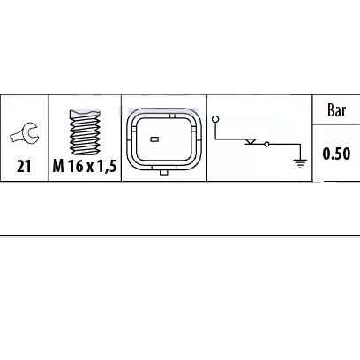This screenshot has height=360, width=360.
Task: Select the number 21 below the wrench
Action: coord(24,166)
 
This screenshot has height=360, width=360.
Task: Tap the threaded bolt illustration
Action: coord(85,132)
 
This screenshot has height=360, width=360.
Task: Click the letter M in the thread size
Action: coord(58,166)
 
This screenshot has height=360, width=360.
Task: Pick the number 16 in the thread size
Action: coord(75,166)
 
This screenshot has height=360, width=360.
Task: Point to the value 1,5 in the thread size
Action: coord(106,167)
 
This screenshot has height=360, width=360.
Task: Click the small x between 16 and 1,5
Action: coord(89,168)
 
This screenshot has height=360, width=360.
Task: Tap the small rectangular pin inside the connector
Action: coord(154,139)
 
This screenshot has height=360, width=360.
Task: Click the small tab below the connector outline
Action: coord(163,172)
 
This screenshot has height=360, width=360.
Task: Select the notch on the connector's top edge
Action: coord(173,116)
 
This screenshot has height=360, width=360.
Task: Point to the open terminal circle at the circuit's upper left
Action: coord(215,119)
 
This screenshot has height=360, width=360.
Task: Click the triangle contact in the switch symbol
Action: coord(251,142)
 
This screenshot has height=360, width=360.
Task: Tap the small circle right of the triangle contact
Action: coord(266,144)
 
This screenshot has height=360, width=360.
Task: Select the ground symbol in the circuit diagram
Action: coord(300,163)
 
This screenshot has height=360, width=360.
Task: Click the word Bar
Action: coord(336,110)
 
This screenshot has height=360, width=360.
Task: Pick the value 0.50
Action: coord(336,154)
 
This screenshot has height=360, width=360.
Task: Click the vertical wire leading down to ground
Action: coord(300,152)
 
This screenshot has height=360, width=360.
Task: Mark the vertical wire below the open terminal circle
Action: coord(215,131)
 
